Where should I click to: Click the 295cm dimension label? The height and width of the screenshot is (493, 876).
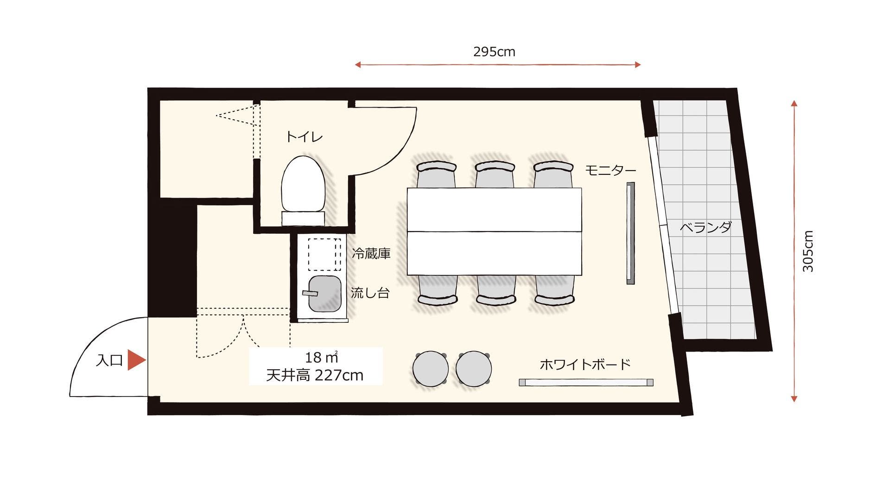(x=494, y=51)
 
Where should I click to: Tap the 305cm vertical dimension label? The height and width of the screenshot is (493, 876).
(x=808, y=251)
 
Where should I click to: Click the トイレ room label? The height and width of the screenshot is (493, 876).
(x=304, y=137)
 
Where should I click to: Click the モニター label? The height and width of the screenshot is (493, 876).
(x=610, y=170)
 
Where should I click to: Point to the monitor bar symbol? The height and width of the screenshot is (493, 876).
(x=630, y=233)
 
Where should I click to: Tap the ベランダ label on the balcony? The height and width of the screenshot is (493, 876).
(x=705, y=227)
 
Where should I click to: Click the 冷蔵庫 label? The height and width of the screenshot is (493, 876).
(x=371, y=253)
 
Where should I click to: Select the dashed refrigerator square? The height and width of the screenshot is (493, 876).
(x=324, y=255)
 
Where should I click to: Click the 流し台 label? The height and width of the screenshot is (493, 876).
(x=369, y=293)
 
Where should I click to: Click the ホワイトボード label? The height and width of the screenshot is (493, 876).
(x=585, y=364)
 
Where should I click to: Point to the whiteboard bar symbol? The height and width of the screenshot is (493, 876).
(x=586, y=383)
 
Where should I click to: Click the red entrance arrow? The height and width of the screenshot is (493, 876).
(x=136, y=360)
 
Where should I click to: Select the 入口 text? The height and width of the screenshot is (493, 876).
(x=109, y=361)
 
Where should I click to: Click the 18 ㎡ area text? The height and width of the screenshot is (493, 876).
(x=320, y=358)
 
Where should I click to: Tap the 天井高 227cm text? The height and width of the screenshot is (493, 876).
(x=315, y=375)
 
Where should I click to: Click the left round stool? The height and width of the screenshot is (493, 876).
(x=431, y=369)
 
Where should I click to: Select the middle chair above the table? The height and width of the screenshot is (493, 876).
(x=495, y=173)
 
